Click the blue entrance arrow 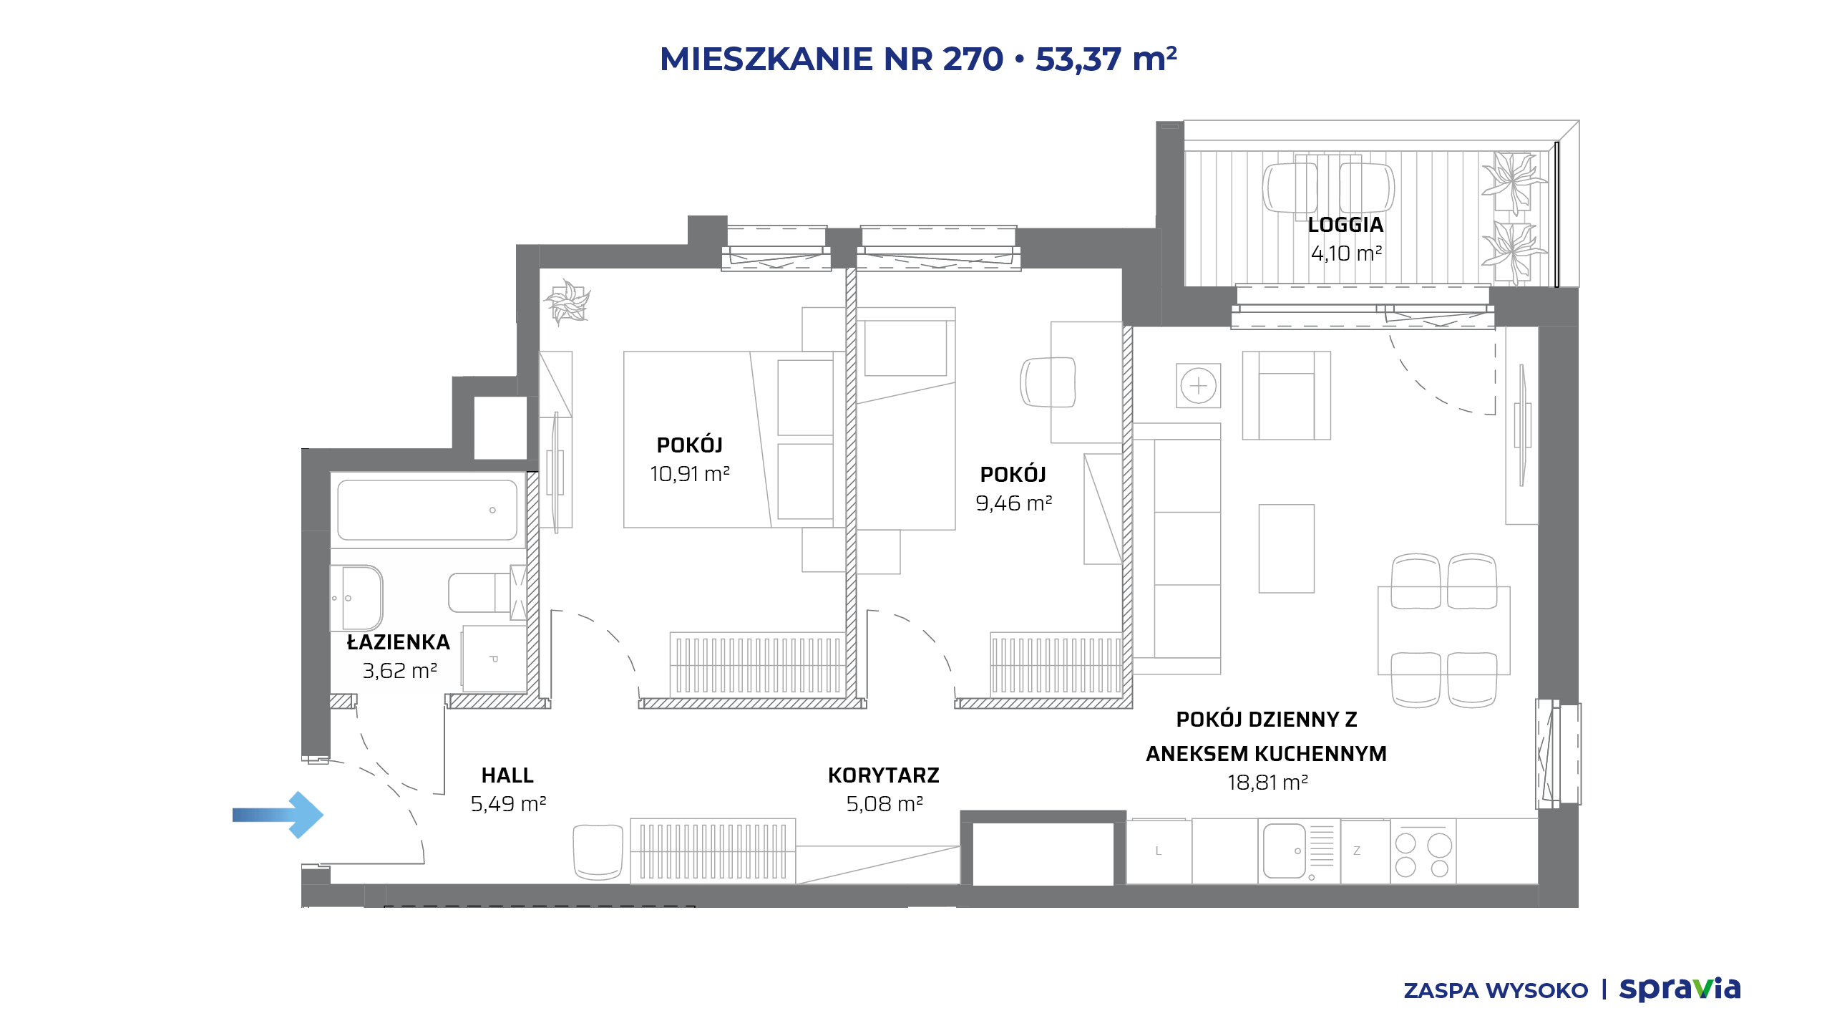(278, 815)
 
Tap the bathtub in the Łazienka (427, 510)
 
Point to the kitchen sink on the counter (1285, 851)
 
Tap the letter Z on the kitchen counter (1356, 851)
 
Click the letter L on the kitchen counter (1158, 851)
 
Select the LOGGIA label (1345, 225)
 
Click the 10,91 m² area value (690, 474)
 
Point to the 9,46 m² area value (1013, 503)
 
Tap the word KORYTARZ (884, 775)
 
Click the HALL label (507, 775)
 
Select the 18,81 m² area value (1267, 783)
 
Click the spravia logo (1680, 989)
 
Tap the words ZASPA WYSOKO (1496, 991)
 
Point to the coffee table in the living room (1287, 548)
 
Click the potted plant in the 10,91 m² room (567, 301)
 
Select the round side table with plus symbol (1199, 386)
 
